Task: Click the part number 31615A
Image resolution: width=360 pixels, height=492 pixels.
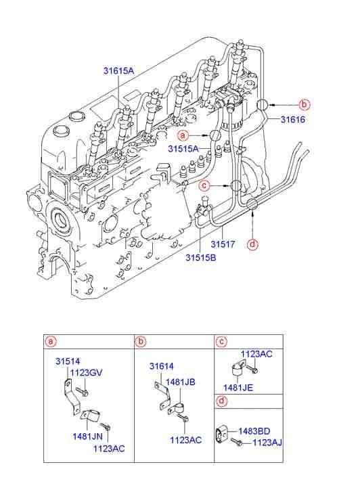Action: [118, 70]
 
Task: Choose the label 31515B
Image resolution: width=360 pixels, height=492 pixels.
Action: [202, 256]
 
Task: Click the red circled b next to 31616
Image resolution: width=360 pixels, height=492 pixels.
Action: [304, 104]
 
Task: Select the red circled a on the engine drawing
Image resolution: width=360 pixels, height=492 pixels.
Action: [183, 136]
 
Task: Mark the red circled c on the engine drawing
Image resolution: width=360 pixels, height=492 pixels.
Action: [204, 185]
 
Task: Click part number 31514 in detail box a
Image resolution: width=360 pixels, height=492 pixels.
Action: [68, 362]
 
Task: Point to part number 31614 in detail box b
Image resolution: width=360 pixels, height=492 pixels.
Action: [162, 366]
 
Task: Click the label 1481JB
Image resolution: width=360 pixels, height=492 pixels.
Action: [182, 382]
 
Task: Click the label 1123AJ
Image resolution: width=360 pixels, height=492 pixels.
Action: [267, 443]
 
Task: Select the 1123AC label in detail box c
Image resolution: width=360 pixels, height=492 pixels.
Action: [256, 354]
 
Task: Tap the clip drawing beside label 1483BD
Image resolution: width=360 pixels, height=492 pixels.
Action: [224, 433]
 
